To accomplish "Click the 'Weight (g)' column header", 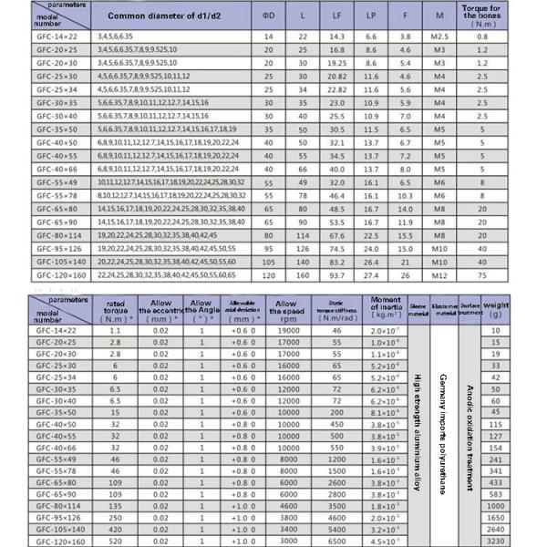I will pyautogui.click(x=521, y=307).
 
